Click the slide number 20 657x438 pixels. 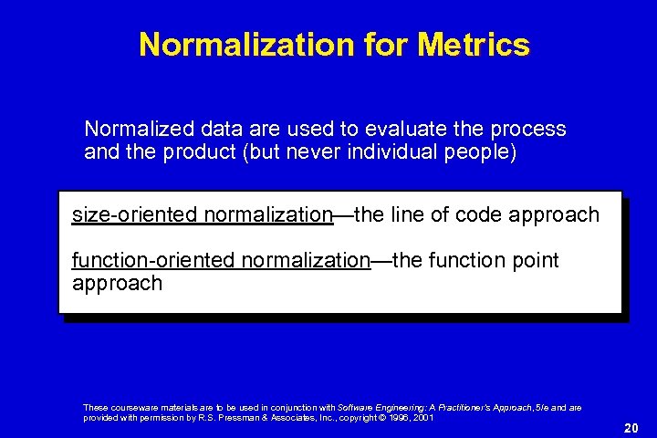[x=629, y=427]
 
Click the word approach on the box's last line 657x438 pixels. [x=117, y=284]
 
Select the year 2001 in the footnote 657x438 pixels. [x=422, y=417]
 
